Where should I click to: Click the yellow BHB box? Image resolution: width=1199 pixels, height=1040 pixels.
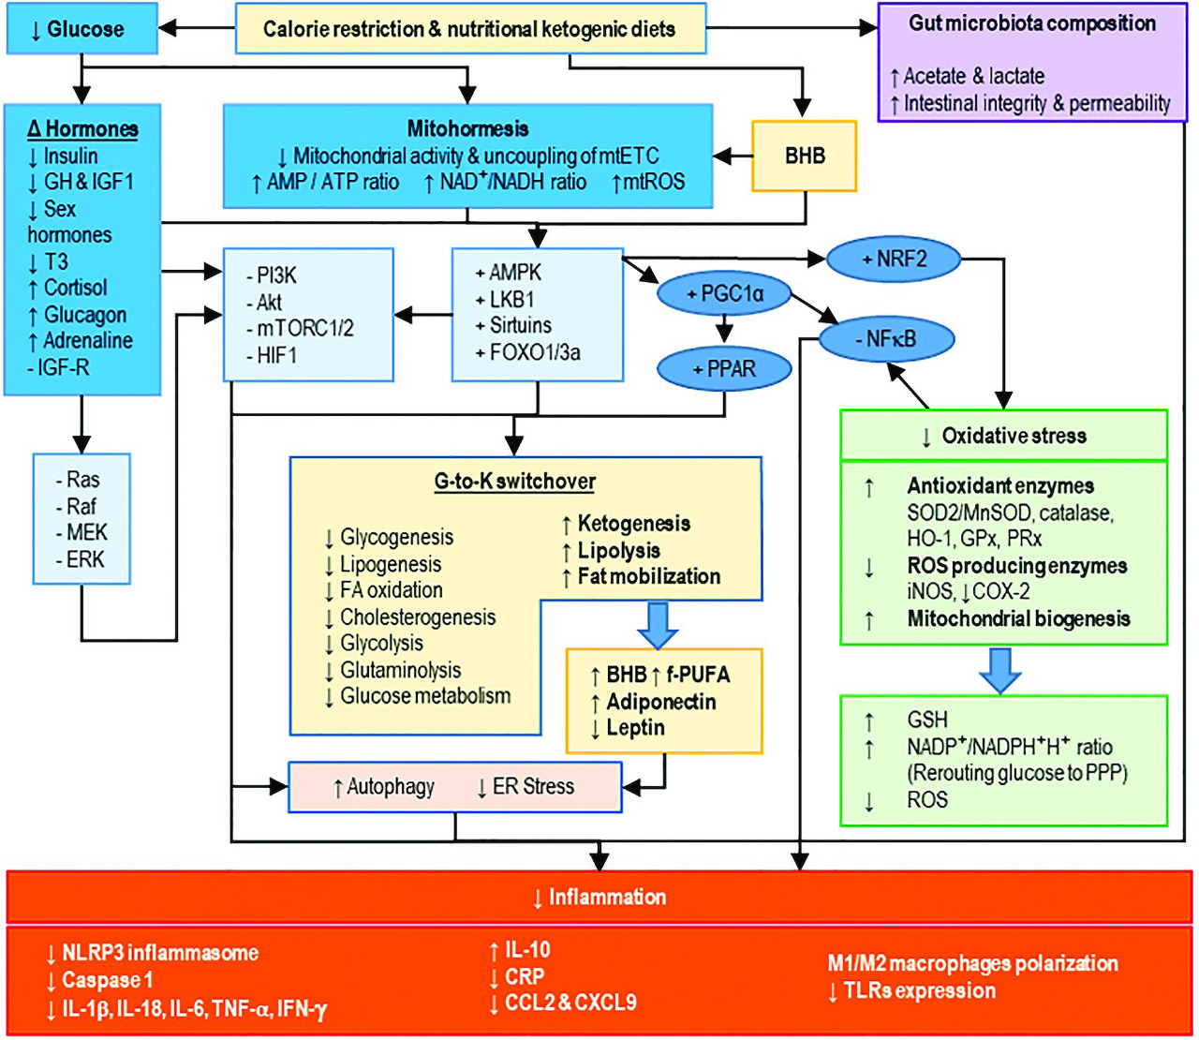[x=805, y=156]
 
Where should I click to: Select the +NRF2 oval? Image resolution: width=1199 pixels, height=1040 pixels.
[x=894, y=259]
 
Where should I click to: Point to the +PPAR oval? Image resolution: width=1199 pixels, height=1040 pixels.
[x=724, y=369]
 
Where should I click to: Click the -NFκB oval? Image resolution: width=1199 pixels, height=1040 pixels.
[x=885, y=339]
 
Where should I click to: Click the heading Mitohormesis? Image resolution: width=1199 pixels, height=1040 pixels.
[x=467, y=128]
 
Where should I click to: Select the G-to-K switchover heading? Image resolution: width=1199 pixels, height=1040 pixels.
[x=514, y=482]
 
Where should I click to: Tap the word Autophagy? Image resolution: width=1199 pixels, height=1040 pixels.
[x=391, y=787]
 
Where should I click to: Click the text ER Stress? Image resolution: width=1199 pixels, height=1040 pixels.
[x=533, y=787]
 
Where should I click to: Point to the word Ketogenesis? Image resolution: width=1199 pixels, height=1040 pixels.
[x=634, y=524]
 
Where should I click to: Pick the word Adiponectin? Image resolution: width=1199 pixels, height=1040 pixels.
[x=661, y=702]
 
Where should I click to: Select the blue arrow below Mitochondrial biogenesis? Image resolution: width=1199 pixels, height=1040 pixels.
[x=1000, y=670]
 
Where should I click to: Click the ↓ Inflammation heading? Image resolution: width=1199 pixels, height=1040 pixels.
[x=599, y=898]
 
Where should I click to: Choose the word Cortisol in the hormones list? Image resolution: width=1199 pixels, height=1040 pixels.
[x=75, y=288]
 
